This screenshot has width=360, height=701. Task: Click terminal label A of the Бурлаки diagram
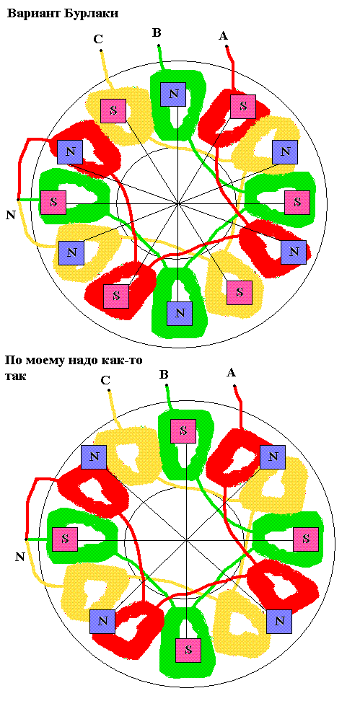(223, 36)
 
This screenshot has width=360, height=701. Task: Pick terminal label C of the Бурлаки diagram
(98, 40)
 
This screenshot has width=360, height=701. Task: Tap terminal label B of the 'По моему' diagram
(164, 374)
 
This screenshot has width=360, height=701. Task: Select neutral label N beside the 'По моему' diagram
(19, 557)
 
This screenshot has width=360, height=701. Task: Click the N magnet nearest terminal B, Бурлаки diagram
(174, 94)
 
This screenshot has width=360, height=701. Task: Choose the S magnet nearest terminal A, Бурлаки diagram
(243, 107)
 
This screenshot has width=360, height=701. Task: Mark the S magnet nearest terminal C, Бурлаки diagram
(113, 110)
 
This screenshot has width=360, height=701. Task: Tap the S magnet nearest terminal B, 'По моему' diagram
(183, 431)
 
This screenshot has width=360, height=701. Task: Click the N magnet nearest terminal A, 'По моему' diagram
(273, 457)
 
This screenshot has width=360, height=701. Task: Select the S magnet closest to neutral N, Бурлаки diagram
(53, 203)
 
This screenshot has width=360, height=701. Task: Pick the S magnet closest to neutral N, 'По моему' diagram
(65, 539)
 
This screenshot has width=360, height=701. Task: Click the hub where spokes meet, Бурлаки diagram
(178, 203)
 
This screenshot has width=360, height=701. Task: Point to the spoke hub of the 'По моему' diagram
(185, 540)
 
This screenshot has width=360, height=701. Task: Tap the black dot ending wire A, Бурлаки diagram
(227, 46)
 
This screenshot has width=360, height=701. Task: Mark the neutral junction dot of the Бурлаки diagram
(17, 200)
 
